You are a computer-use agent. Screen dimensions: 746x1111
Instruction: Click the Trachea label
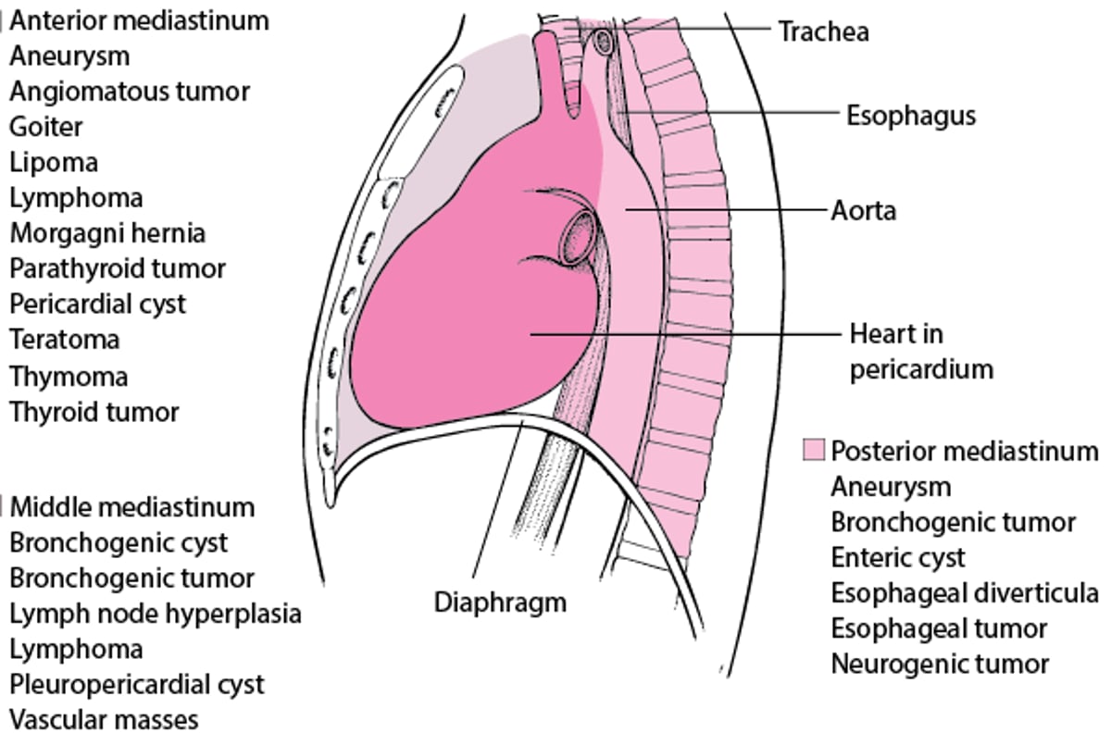click(823, 31)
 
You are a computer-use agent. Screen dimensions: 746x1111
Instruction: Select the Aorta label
click(864, 211)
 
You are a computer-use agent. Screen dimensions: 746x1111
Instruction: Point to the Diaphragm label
click(500, 603)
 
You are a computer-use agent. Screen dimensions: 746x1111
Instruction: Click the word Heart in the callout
click(884, 334)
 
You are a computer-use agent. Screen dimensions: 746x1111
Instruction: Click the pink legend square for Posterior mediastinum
click(813, 451)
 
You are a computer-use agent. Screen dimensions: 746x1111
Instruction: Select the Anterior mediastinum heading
click(140, 20)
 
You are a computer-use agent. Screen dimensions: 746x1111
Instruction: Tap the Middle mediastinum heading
click(131, 507)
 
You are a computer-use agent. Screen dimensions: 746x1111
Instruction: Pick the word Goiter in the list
click(46, 127)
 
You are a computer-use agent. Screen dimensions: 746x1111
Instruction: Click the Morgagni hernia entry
click(107, 233)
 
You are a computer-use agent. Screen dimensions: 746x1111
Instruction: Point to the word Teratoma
click(65, 340)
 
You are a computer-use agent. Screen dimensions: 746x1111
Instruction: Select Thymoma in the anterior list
click(69, 377)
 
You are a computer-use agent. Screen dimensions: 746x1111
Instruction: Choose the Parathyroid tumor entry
click(118, 268)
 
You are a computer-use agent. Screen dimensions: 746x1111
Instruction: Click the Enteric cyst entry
click(898, 558)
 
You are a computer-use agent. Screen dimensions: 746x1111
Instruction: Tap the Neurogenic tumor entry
click(940, 664)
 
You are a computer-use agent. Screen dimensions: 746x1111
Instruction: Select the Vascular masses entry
click(104, 719)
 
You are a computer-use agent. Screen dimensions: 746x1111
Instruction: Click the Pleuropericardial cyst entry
click(137, 685)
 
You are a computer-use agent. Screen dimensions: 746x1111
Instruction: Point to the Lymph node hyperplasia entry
click(156, 614)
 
